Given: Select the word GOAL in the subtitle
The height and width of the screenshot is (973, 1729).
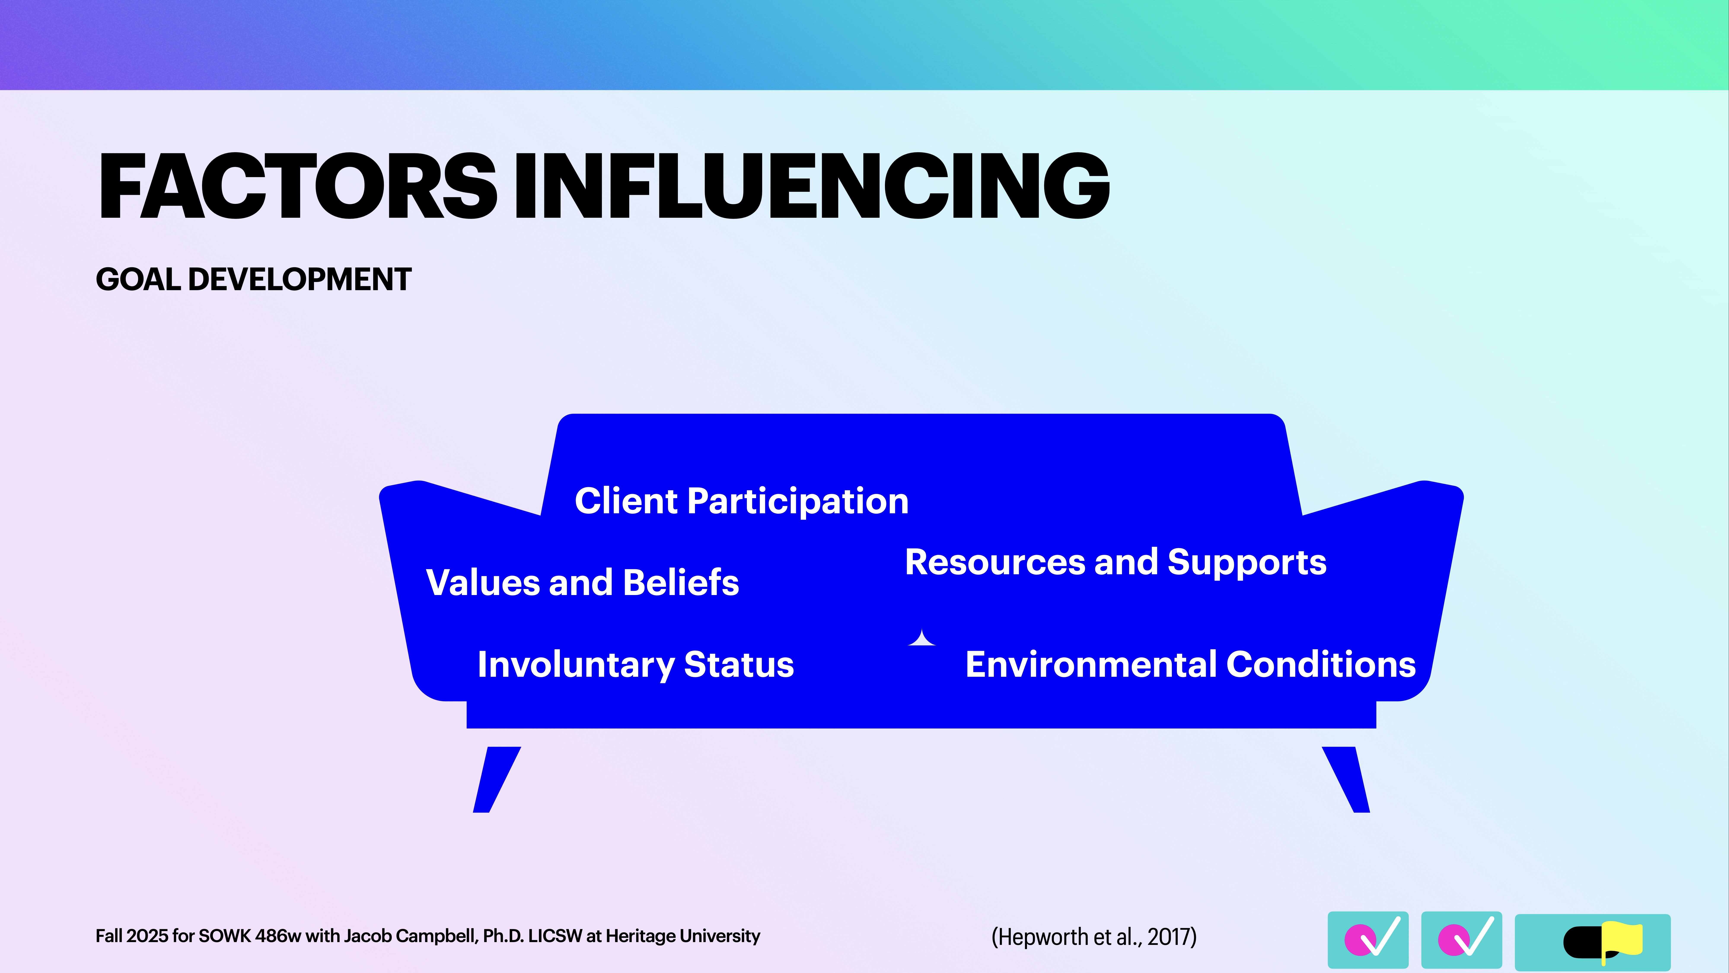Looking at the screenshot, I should [138, 279].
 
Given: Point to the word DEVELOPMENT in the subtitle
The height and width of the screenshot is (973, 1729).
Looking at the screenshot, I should [299, 279].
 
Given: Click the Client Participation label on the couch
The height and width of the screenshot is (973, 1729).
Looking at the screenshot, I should [741, 501].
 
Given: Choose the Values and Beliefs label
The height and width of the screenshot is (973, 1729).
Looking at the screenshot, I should [582, 582].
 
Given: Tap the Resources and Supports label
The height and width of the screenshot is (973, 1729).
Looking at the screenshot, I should [1115, 562].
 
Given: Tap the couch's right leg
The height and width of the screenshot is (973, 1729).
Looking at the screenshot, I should [1348, 779].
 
